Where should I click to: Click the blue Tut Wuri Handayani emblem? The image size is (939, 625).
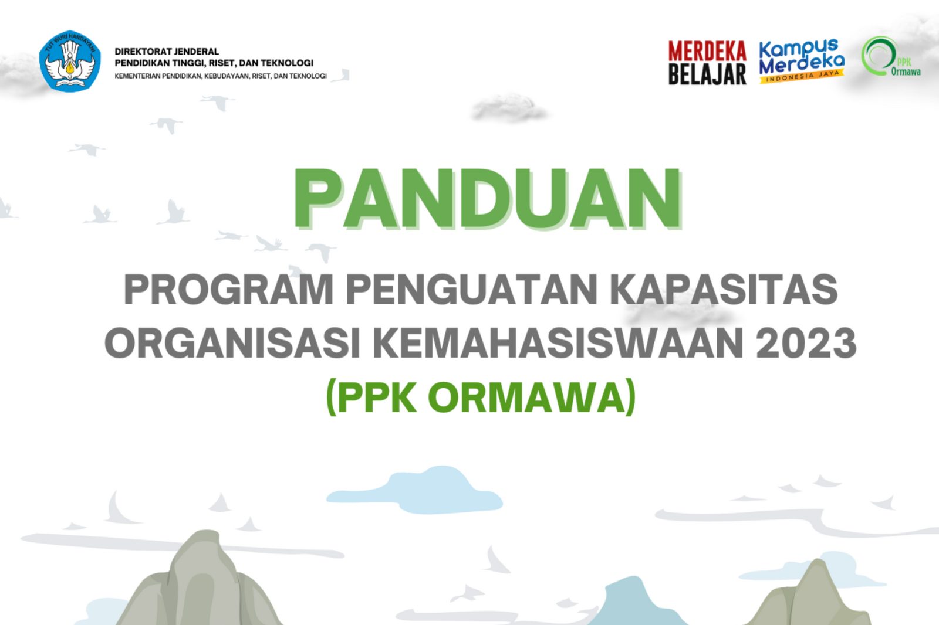[x=70, y=61]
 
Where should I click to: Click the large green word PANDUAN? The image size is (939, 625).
[x=488, y=199]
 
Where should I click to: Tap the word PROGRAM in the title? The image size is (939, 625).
[x=228, y=290]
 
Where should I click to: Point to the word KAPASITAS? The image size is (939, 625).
[x=724, y=290]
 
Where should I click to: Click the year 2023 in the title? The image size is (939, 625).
[x=806, y=343]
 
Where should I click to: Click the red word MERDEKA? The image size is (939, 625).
[x=707, y=52]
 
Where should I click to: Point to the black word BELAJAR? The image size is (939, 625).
[x=707, y=74]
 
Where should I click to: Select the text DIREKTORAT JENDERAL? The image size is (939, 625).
[x=167, y=52]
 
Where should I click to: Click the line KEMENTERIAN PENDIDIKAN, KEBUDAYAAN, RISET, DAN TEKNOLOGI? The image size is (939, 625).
[x=221, y=76]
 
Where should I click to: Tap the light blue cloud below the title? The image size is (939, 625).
[x=414, y=490]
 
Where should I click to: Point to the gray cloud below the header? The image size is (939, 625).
[x=509, y=108]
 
